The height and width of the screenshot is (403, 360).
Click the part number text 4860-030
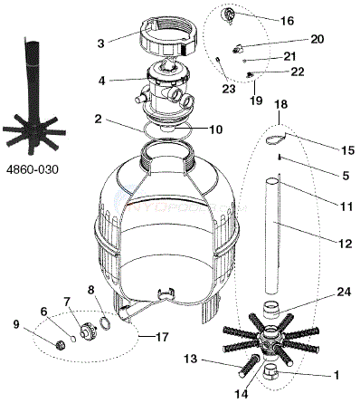(x=33, y=170)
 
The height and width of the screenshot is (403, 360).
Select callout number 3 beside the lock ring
(x=100, y=43)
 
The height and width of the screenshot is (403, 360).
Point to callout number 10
(x=215, y=130)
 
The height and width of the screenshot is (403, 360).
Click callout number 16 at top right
(x=287, y=21)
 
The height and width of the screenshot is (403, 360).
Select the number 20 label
(x=317, y=39)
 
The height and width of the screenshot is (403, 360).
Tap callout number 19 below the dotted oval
(x=256, y=101)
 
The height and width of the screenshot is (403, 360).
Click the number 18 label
(x=281, y=104)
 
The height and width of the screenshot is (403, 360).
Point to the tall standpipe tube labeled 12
(x=273, y=236)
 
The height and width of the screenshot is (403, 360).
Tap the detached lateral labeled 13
(x=250, y=366)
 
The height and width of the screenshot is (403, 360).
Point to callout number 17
(x=162, y=337)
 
